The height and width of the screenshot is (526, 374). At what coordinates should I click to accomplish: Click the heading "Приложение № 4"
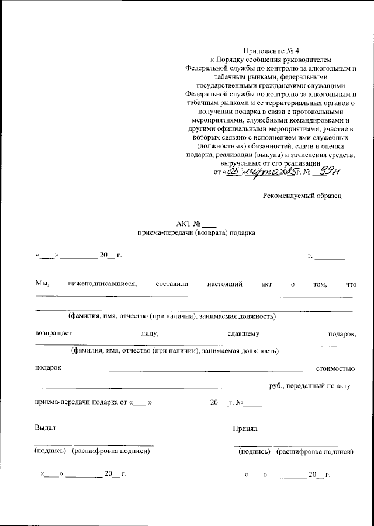(271, 51)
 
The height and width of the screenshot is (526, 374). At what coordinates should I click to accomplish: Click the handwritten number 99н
(331, 170)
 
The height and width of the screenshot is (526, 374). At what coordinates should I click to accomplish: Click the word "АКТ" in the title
(184, 223)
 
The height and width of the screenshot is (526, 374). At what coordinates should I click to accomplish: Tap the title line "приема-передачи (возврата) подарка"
(196, 232)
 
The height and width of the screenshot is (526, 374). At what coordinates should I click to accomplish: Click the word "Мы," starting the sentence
(41, 284)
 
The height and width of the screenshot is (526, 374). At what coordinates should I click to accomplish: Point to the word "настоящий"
(225, 284)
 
